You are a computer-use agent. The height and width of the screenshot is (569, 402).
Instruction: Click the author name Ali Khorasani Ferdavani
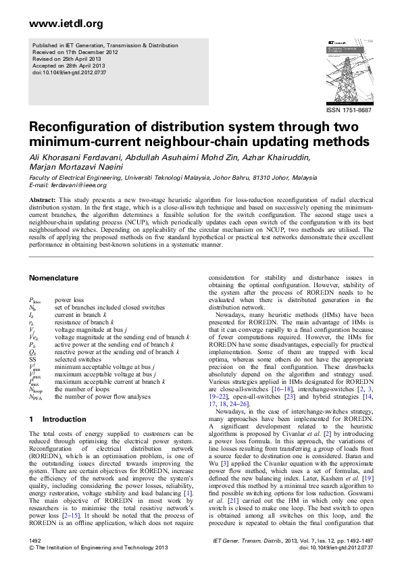pyautogui.click(x=72, y=157)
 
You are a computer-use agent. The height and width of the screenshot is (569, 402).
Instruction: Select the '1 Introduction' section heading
pyautogui.click(x=56, y=420)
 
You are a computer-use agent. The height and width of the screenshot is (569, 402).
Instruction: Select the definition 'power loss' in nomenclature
pyautogui.click(x=69, y=299)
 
